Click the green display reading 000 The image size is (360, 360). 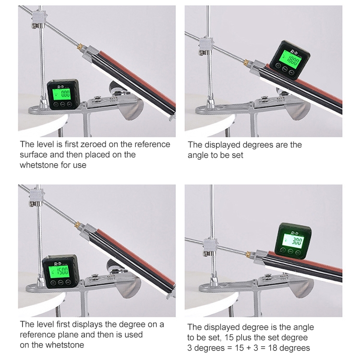(61, 94)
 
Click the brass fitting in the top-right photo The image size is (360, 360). (246, 62)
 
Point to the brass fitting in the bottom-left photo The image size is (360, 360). (77, 225)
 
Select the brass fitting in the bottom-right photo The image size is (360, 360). (249, 254)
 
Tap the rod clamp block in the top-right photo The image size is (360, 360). (206, 45)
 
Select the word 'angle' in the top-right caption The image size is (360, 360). (198, 156)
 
